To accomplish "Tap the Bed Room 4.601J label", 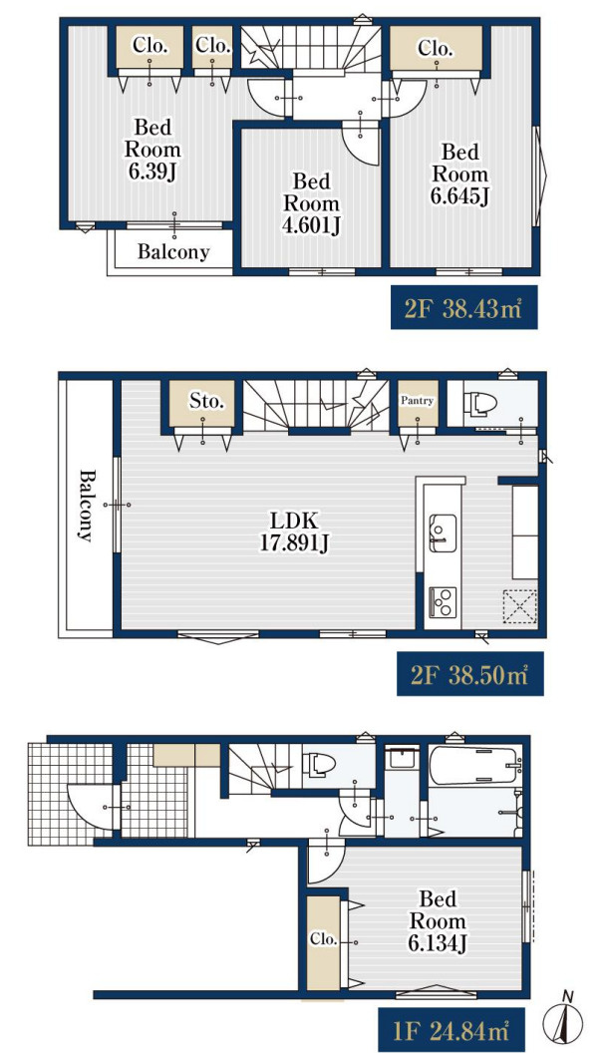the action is pos(311,203).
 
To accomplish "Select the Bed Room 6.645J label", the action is pos(460,174).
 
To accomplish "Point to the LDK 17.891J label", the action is pos(295,531).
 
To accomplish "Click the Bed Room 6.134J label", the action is pos(438,920).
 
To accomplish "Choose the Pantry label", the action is pos(418,401).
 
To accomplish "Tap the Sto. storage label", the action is pos(206,401).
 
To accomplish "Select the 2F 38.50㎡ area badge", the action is pos(469,673).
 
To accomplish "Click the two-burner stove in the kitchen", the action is pos(443,600).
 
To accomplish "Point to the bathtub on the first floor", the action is pos(475,765).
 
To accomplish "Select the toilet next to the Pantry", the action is pos(480,403).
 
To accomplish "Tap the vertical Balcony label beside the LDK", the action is pos(86,505).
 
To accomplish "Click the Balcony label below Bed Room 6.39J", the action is pos(174,252).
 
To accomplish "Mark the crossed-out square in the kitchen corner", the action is pos(519,606).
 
